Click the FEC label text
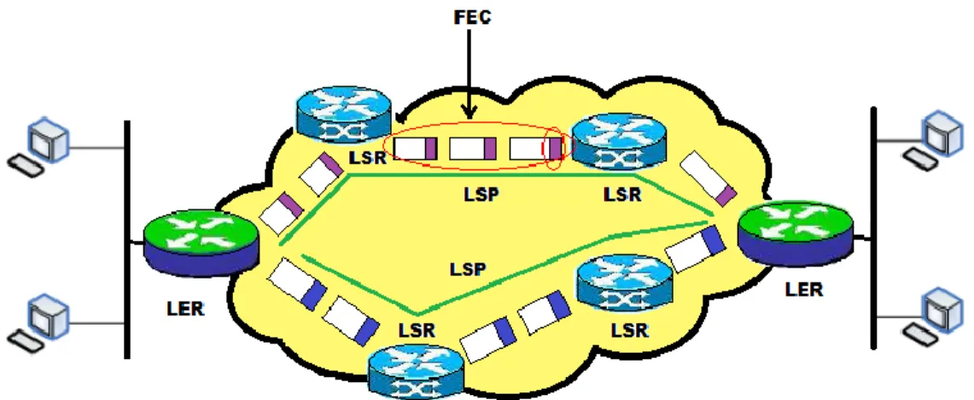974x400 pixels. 472,17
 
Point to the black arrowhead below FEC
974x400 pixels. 469,112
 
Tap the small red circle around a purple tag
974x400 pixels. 554,150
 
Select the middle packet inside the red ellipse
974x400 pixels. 473,149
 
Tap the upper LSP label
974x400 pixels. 482,195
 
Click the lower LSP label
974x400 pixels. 469,269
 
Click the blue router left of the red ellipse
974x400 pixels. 343,113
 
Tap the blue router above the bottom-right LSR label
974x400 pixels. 625,285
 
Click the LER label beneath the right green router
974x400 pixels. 804,289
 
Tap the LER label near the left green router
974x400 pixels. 186,308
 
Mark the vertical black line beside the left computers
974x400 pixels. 126,239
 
